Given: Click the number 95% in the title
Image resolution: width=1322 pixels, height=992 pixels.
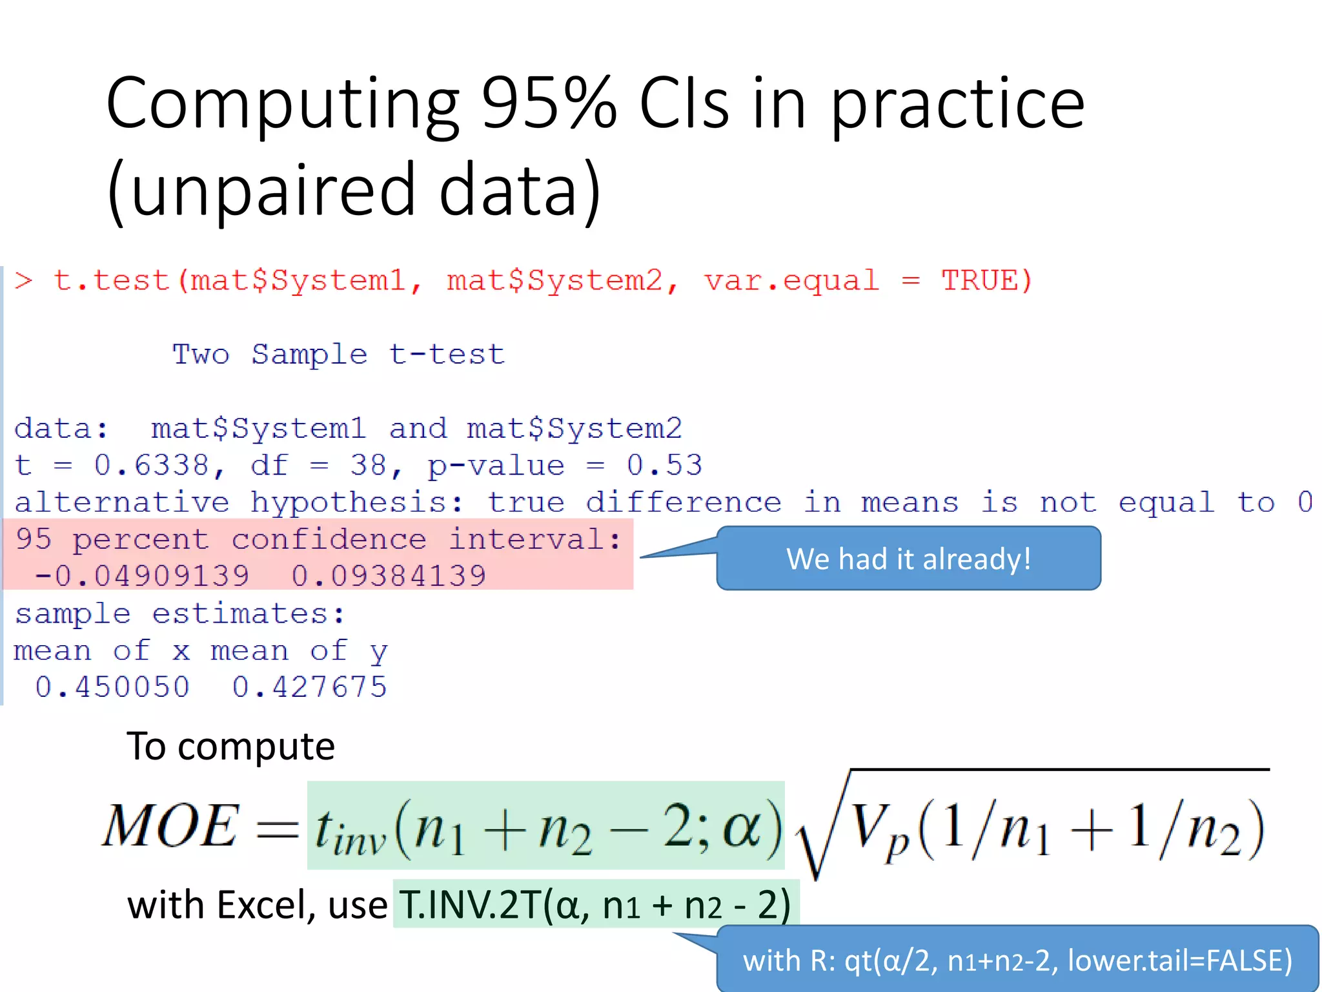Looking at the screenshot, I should tap(549, 103).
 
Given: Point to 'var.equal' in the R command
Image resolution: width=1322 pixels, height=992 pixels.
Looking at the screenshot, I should tap(791, 281).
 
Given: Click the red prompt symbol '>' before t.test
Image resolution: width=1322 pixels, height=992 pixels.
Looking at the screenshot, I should tap(24, 281).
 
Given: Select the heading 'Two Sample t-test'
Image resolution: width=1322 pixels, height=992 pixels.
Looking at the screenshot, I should tap(338, 355).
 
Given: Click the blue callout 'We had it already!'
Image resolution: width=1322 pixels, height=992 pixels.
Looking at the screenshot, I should tap(908, 559).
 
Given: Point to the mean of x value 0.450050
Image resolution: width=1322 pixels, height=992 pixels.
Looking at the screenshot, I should tap(113, 687).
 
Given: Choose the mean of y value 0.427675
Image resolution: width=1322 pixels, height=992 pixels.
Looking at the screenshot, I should tap(310, 687).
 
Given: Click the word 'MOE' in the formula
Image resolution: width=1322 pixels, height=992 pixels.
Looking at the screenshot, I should tap(171, 827).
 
